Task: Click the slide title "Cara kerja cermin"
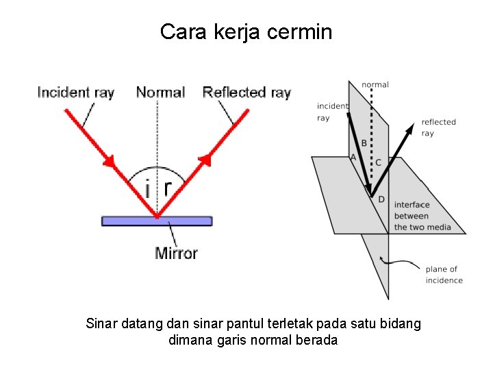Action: pyautogui.click(x=246, y=32)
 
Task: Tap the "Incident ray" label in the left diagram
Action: pyautogui.click(x=75, y=92)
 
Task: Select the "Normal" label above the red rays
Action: pyautogui.click(x=160, y=92)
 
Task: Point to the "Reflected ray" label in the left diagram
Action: pyautogui.click(x=246, y=92)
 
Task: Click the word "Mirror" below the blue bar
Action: pyautogui.click(x=176, y=254)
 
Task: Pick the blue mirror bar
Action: pyautogui.click(x=157, y=221)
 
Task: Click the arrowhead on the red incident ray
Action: pyautogui.click(x=109, y=161)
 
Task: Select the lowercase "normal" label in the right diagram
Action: pyautogui.click(x=375, y=85)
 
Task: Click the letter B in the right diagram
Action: pyautogui.click(x=364, y=143)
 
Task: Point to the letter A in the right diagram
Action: pyautogui.click(x=353, y=157)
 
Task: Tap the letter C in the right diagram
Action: pyautogui.click(x=378, y=163)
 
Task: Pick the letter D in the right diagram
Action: pyautogui.click(x=381, y=199)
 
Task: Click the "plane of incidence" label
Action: pyautogui.click(x=444, y=275)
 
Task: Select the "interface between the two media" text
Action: pyautogui.click(x=422, y=216)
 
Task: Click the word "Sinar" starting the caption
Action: pyautogui.click(x=102, y=323)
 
